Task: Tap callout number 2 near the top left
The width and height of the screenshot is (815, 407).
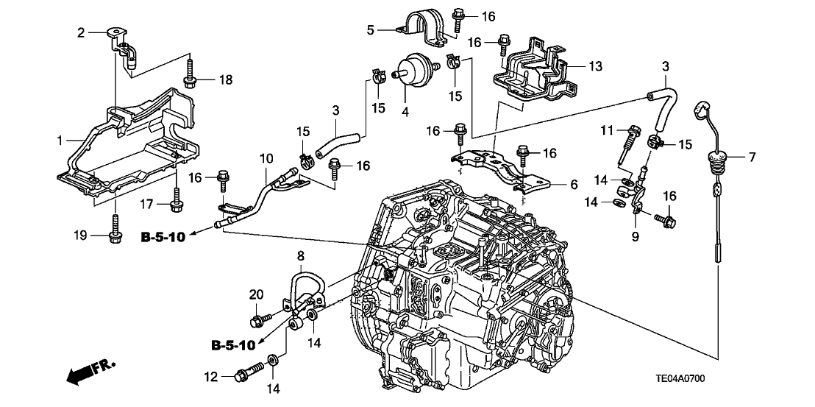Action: [x=82, y=32]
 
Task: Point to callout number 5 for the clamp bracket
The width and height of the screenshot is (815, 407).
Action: [x=371, y=29]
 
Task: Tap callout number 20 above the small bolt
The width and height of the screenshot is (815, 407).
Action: [x=256, y=294]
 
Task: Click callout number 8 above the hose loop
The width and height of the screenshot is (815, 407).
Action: [x=300, y=255]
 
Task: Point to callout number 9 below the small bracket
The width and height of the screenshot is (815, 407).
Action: [x=634, y=237]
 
